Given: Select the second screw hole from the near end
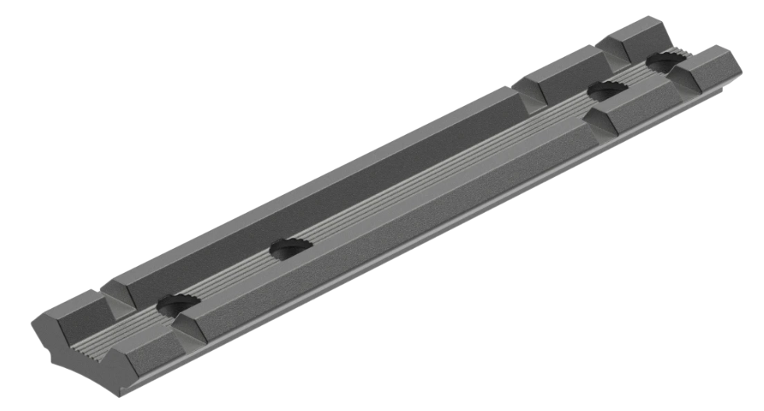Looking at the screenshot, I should pyautogui.click(x=290, y=248).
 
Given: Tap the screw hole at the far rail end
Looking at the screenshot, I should pyautogui.click(x=663, y=61).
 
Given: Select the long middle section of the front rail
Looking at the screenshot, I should pyautogui.click(x=390, y=226).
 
